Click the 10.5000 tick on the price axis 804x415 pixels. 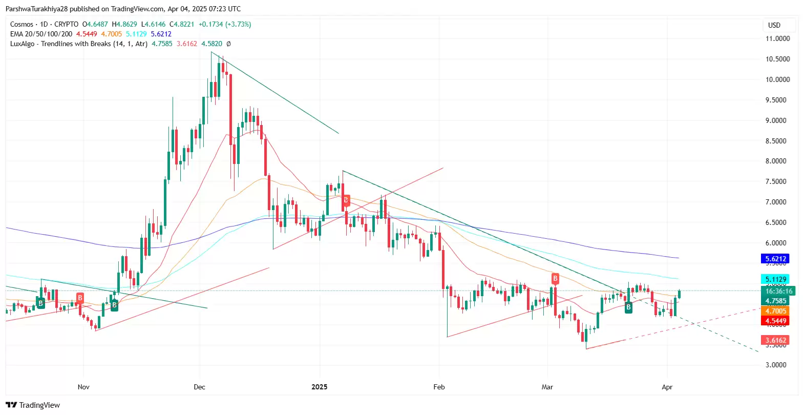(x=777, y=59)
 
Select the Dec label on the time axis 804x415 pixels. (x=199, y=387)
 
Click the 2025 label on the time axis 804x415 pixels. (x=319, y=387)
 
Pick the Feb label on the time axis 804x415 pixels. (x=439, y=387)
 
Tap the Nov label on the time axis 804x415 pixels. (x=83, y=387)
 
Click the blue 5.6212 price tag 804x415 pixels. (x=775, y=259)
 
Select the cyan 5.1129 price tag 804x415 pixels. (x=775, y=280)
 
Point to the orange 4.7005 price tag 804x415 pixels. (x=775, y=311)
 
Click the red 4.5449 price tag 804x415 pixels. (x=775, y=321)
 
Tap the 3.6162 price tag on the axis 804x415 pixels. (x=775, y=340)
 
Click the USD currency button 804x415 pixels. (x=774, y=25)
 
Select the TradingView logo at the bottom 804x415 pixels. (x=33, y=405)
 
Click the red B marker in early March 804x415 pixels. (x=555, y=279)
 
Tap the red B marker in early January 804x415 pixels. (x=346, y=200)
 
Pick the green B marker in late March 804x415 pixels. (x=628, y=307)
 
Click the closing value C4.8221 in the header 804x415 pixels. (x=182, y=24)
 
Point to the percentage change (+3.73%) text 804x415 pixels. (x=239, y=24)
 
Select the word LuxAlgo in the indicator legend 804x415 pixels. (x=23, y=44)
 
